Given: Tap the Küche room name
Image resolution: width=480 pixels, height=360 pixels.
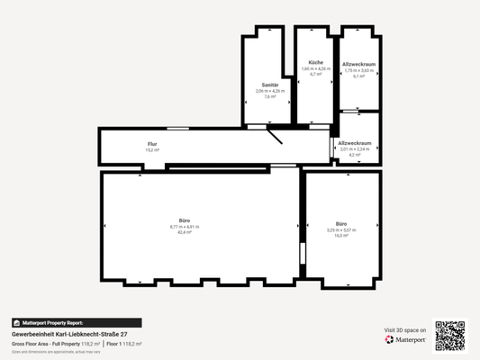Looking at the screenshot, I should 315,62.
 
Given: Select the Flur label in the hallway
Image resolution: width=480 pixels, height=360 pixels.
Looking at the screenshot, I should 152,144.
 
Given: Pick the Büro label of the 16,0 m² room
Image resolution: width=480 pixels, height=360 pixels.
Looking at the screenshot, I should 341,223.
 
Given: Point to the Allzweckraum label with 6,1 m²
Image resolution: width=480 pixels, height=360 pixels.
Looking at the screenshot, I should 358,65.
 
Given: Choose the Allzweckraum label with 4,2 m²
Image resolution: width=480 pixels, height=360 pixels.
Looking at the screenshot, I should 355,142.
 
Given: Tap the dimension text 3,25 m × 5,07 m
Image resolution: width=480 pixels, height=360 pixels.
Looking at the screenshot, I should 341,229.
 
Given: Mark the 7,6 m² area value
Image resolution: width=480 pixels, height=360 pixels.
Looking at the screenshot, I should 268,96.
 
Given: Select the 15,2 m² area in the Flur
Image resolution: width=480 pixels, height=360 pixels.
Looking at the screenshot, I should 152,150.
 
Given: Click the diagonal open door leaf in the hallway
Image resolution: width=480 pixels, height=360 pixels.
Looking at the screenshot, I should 273,135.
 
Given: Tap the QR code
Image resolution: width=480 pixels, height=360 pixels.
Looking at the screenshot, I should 449,335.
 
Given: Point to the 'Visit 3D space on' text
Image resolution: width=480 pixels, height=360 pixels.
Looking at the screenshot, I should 405,330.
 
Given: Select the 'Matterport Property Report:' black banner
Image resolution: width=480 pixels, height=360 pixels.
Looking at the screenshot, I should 76,322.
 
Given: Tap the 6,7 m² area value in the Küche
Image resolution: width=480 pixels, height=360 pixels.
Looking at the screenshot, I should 315,75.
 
